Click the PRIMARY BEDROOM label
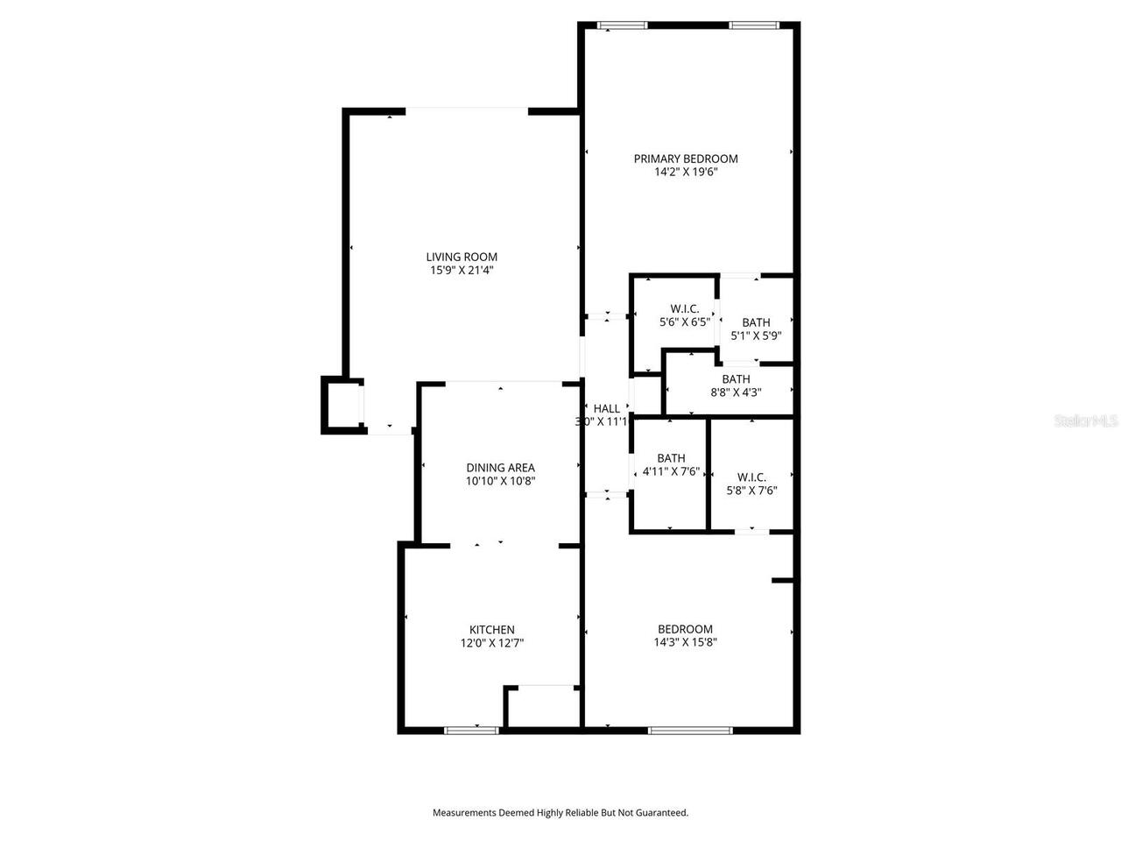coord(686,159)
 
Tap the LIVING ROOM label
coord(462,257)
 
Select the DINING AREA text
coord(500,468)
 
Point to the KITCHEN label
coord(492,629)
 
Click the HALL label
coord(606,408)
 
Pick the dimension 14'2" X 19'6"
coord(686,173)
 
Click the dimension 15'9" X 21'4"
coord(462,271)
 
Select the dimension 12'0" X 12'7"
coord(492,643)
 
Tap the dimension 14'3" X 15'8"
coord(686,642)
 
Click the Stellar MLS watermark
coord(1086,421)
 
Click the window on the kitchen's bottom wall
coord(471,729)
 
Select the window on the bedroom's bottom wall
coord(690,729)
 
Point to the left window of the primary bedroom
coord(623,25)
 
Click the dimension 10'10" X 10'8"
coord(500,481)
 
